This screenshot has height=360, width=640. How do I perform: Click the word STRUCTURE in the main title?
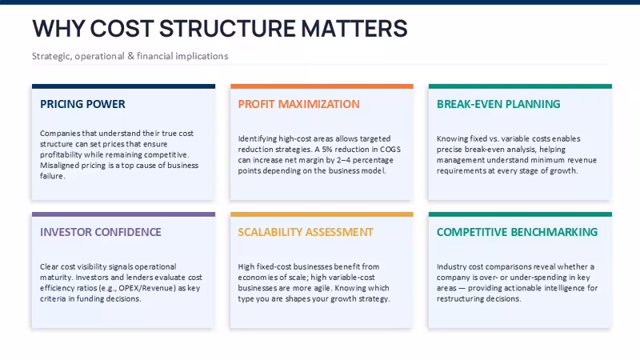coord(227,29)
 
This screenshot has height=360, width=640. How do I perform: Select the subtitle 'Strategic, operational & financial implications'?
coord(130,56)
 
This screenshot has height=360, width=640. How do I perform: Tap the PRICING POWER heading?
coord(82,104)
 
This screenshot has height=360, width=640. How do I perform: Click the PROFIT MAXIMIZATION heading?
coord(298,104)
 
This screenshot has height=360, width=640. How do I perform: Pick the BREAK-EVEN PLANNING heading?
coord(498,104)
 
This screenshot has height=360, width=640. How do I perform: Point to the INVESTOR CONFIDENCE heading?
coord(101,232)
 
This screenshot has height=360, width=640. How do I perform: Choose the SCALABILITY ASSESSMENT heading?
coord(306,232)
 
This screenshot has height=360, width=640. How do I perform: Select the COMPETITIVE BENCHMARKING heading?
coord(517,232)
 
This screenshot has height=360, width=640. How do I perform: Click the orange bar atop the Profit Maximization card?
coord(322,86)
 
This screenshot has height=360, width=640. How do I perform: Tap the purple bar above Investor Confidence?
coord(123,214)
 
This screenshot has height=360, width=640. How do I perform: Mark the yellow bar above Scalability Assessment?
coord(322,214)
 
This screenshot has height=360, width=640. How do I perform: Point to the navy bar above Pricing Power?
coord(123,86)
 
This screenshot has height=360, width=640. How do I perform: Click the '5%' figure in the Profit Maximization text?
coord(327,150)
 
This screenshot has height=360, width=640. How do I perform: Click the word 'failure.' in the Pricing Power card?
coord(53,176)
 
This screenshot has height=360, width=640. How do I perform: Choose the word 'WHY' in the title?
coord(58,29)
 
